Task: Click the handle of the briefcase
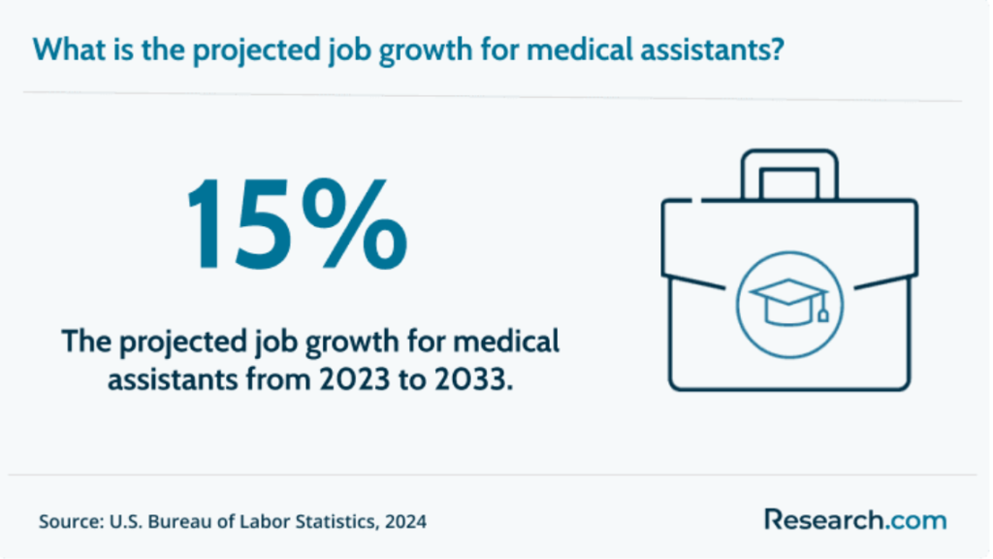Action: tap(788, 174)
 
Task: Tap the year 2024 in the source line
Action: tap(405, 521)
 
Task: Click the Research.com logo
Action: tap(854, 519)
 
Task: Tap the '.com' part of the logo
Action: tap(915, 519)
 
